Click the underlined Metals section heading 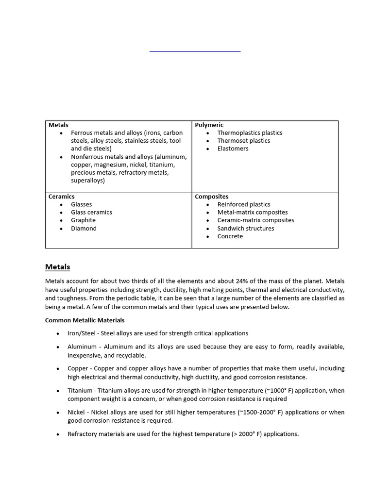click(57, 267)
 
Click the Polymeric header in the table click(209, 125)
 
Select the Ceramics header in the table click(61, 197)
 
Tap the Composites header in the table click(211, 197)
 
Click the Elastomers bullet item click(233, 149)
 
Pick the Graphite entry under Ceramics click(83, 220)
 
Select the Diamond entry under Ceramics click(84, 229)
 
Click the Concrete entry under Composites click(230, 236)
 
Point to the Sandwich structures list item click(245, 229)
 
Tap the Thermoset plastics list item click(243, 141)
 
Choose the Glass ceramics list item click(91, 213)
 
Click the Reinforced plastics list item click(243, 205)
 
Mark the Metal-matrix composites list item click(252, 213)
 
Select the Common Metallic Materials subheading click(85, 320)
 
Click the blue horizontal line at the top click(195, 51)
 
